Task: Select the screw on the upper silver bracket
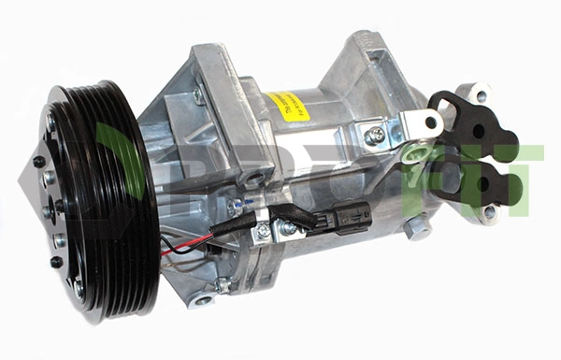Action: point(376,136)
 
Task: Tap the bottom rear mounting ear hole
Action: point(488,211)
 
